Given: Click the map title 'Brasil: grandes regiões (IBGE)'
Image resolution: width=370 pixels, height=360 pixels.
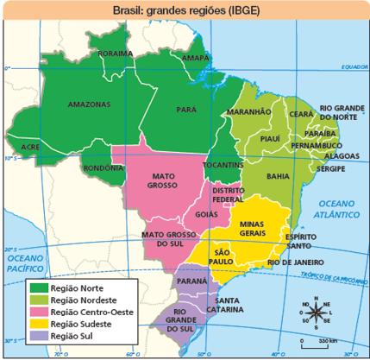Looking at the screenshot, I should click(x=185, y=10).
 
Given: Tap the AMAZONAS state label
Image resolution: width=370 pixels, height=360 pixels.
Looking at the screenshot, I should click(x=88, y=104).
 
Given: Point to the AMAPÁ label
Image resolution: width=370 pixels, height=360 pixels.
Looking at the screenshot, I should click(x=196, y=59).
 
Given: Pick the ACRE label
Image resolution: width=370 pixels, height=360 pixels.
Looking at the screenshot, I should click(x=31, y=148).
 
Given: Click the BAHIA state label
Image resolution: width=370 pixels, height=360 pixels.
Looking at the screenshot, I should click(x=278, y=175).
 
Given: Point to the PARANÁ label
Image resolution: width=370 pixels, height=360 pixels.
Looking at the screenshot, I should click(x=191, y=281).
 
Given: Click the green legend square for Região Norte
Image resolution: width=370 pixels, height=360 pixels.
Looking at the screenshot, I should click(x=39, y=287).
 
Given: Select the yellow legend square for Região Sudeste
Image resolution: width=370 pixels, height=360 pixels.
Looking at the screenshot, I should click(x=39, y=323).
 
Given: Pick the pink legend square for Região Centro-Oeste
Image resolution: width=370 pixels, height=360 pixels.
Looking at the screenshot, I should click(x=39, y=311).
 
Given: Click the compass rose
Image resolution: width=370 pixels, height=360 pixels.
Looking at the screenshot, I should click(x=314, y=313).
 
